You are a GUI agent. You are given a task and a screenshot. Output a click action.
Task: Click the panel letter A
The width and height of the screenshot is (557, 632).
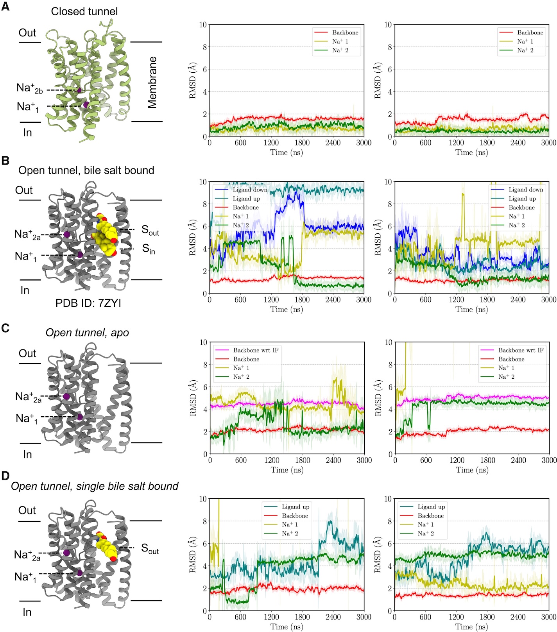pyautogui.click(x=5, y=7)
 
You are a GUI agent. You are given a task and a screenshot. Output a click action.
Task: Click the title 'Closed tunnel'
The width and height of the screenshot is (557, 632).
pyautogui.click(x=84, y=11)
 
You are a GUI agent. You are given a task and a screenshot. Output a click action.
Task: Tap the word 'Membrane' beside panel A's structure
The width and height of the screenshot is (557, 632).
pyautogui.click(x=152, y=82)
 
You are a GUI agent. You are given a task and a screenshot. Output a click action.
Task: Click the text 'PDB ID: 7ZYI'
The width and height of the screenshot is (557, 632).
pyautogui.click(x=88, y=303)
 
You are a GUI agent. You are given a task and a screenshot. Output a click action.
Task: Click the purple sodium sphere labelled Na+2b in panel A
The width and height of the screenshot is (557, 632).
pyautogui.click(x=79, y=90)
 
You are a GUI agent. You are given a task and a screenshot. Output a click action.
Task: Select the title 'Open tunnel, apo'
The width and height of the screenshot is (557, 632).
pyautogui.click(x=87, y=333)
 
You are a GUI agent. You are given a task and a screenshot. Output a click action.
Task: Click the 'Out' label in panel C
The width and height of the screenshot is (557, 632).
pyautogui.click(x=27, y=353)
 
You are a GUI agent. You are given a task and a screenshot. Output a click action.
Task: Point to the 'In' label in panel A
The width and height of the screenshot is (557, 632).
pyautogui.click(x=27, y=132)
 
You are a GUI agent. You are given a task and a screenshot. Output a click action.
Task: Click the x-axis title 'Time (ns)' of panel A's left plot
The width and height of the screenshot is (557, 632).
pyautogui.click(x=287, y=152)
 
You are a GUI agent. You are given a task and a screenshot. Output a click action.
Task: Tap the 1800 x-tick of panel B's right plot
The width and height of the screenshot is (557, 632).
pyautogui.click(x=487, y=300)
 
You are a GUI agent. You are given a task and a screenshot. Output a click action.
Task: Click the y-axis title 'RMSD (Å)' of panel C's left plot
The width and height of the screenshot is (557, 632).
pyautogui.click(x=193, y=398)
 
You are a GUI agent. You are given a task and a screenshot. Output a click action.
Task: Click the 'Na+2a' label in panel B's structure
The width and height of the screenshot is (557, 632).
pyautogui.click(x=27, y=235)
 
